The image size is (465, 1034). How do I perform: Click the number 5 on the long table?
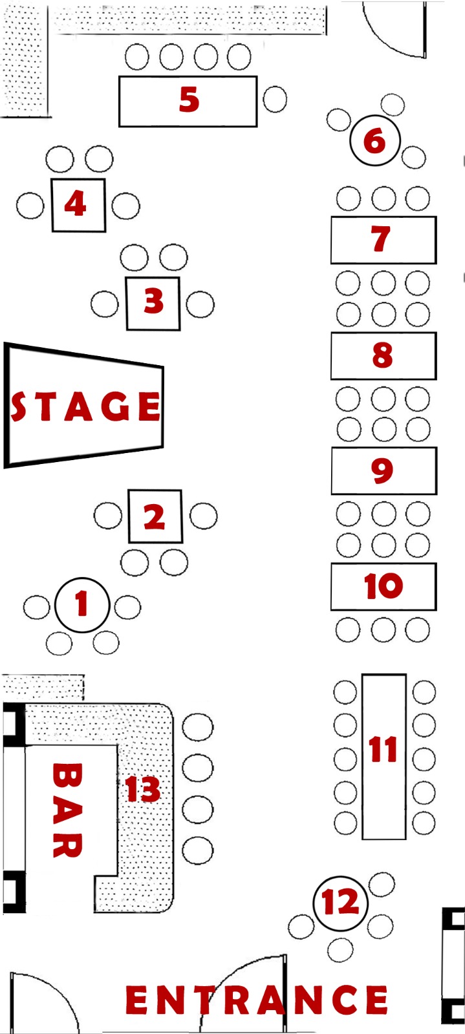[x=189, y=100]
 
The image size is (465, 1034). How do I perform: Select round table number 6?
[x=374, y=140]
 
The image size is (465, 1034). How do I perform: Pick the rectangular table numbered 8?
[x=384, y=356]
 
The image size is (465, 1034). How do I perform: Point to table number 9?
[x=384, y=471]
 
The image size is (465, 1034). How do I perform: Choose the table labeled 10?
[x=384, y=587]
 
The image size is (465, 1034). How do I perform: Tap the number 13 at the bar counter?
[x=143, y=789]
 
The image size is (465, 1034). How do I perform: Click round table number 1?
[x=82, y=605]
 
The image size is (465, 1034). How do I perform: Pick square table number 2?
[x=155, y=516]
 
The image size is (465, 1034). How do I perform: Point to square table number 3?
[x=153, y=304]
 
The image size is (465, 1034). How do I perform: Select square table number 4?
[x=78, y=206]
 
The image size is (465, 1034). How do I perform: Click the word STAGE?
[x=86, y=406]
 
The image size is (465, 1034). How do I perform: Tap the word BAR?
[x=67, y=810]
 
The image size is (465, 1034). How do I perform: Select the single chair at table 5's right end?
[x=275, y=100]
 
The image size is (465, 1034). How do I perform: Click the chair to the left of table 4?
[x=30, y=206]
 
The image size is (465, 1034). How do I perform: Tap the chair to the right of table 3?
[x=200, y=304]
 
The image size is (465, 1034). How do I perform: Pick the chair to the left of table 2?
[x=108, y=516]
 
